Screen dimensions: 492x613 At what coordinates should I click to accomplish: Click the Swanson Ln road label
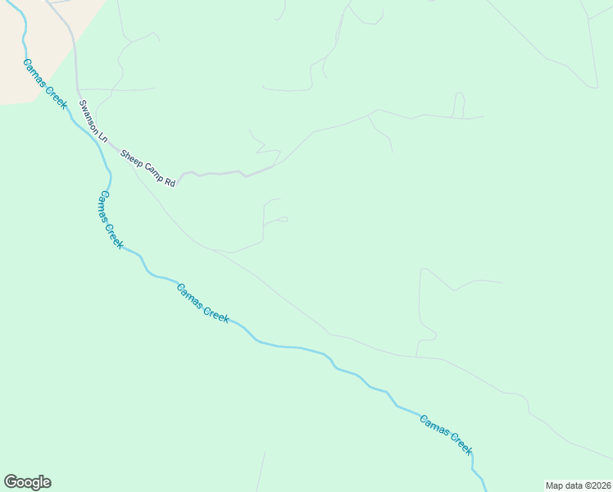click(93, 120)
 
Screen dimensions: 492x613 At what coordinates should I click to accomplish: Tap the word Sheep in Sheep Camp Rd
click(132, 159)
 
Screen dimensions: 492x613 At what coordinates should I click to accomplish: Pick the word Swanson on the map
click(89, 116)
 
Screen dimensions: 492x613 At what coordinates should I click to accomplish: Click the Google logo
click(27, 482)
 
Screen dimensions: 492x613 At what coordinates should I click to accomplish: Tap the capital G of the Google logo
click(11, 482)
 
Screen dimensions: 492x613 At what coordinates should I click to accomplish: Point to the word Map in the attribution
click(555, 485)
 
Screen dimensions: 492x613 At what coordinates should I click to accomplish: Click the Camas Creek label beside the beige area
click(44, 84)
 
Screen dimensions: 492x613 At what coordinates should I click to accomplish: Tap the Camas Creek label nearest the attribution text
click(446, 435)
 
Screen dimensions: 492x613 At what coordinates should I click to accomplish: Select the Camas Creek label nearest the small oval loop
click(203, 302)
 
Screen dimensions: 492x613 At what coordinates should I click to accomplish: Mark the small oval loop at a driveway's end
click(282, 219)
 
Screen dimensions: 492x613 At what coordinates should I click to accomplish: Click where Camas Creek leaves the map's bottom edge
click(486, 489)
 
